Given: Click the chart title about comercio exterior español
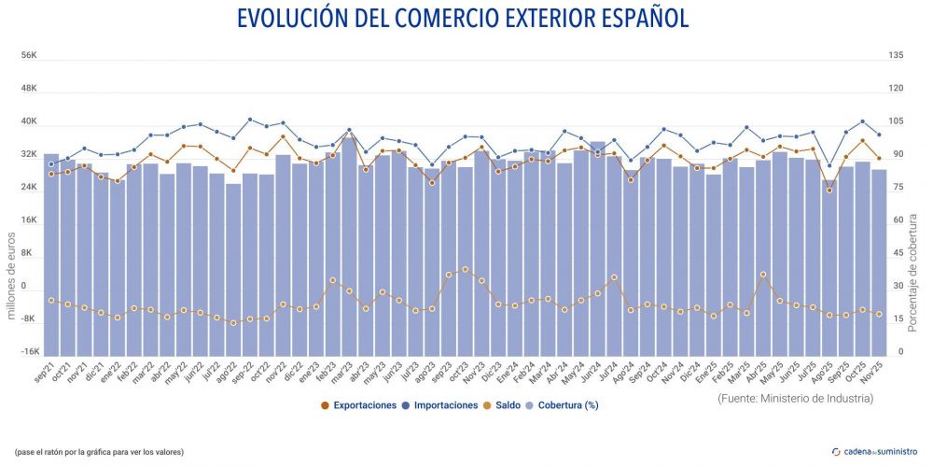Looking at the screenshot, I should [x=463, y=19].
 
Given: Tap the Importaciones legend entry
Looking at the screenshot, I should [x=441, y=405].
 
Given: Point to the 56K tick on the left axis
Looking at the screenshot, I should [x=29, y=56].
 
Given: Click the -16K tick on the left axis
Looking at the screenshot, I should [x=29, y=352].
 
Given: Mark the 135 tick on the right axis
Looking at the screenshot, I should [x=896, y=56].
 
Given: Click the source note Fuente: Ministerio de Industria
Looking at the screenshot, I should [x=796, y=399].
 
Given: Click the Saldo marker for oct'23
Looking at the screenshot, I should [x=465, y=269].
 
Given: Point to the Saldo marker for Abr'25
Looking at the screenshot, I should [x=762, y=275].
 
